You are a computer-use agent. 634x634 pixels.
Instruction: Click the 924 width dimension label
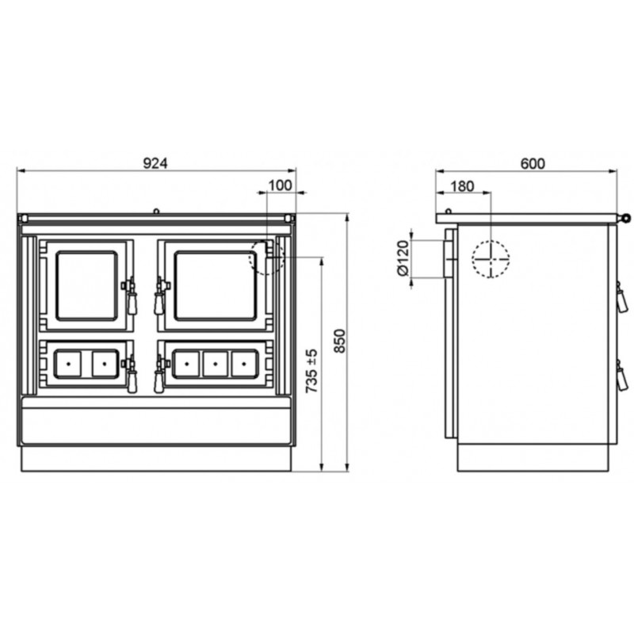155,163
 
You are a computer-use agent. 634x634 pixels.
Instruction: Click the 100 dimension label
281,185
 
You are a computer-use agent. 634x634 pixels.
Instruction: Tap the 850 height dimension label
341,341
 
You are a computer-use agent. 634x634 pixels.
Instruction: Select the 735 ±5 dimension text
311,371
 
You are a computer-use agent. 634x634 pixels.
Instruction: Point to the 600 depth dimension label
533,164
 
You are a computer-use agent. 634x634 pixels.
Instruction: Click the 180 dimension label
462,186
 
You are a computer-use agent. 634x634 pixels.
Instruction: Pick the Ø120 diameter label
403,258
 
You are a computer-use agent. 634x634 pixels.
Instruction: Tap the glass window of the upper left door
87,285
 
